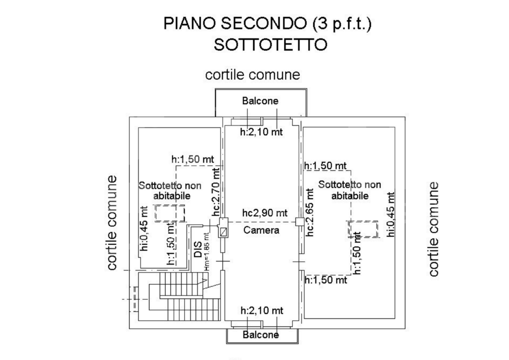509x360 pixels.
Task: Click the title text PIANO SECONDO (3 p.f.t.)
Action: click(267, 23)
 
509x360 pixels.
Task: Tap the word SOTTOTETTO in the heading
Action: click(270, 44)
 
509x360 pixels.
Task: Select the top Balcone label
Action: click(260, 100)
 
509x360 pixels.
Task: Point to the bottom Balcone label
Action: click(260, 334)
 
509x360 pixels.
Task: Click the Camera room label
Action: click(261, 230)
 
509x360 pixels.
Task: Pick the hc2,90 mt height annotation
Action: click(265, 213)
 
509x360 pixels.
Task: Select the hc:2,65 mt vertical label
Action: click(309, 212)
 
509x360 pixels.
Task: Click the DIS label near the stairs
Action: click(198, 249)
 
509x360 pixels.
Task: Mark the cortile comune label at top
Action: click(252, 74)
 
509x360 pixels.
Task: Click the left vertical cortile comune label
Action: click(111, 222)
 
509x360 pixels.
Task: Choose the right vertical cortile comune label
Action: click(433, 229)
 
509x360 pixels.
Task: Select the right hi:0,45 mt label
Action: click(391, 214)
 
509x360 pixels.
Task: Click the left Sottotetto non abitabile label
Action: click(170, 190)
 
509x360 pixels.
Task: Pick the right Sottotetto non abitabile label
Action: click(349, 190)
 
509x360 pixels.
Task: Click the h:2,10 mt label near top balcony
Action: click(261, 132)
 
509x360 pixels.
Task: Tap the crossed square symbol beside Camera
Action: click(223, 232)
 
